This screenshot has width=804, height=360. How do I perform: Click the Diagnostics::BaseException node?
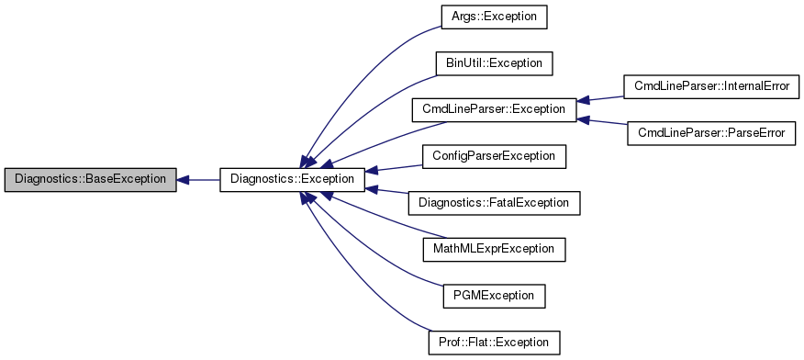[89, 180]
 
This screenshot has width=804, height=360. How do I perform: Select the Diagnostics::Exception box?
[293, 180]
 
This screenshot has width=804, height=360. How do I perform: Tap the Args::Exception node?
[494, 17]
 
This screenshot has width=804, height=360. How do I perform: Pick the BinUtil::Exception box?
[494, 63]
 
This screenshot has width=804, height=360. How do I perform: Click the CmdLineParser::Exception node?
[494, 109]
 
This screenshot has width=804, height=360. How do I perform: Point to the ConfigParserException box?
[494, 156]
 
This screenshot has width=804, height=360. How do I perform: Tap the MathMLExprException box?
[494, 249]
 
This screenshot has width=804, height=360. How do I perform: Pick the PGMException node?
[494, 296]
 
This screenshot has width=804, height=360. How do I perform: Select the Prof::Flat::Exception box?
[494, 343]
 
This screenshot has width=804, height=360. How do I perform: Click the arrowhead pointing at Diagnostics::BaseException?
[183, 180]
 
